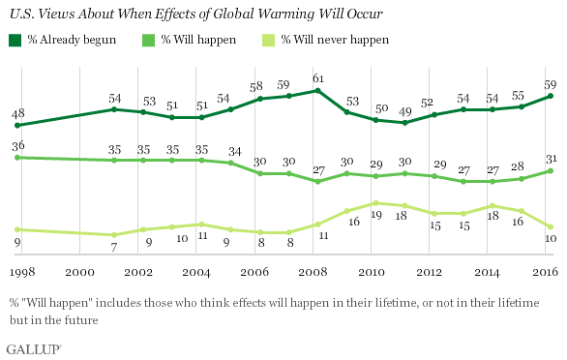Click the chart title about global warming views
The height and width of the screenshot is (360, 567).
tap(195, 14)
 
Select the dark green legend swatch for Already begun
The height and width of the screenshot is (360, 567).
tap(15, 40)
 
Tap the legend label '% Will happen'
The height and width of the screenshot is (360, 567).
tap(198, 40)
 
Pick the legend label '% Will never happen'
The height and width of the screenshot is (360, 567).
tap(335, 40)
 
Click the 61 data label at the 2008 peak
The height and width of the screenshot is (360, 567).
tap(318, 78)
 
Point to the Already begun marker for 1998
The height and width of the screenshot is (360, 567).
tap(16, 126)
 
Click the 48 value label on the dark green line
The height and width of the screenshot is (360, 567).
tap(17, 113)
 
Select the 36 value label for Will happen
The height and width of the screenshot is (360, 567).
tap(18, 146)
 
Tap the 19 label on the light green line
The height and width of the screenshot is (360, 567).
tap(376, 215)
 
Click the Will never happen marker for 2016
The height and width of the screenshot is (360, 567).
tap(551, 226)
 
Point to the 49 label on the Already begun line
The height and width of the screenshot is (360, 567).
tap(405, 112)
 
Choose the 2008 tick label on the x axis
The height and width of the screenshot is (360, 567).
tap(313, 272)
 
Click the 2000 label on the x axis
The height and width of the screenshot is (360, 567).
tap(79, 272)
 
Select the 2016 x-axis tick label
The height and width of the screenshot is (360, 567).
tap(546, 272)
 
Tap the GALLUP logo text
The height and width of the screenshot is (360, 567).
tap(34, 349)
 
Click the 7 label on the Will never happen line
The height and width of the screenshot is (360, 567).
tap(114, 248)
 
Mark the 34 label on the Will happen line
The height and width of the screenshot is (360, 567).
tap(235, 151)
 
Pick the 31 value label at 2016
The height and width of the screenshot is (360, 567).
tap(551, 159)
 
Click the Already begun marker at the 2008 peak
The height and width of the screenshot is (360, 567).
tap(318, 90)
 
